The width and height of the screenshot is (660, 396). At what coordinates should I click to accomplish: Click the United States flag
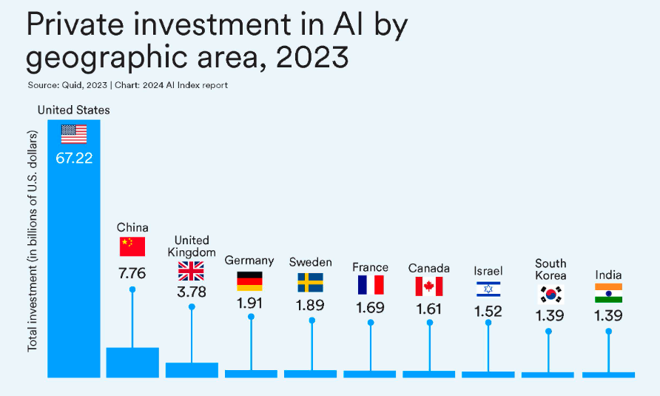pyautogui.click(x=74, y=134)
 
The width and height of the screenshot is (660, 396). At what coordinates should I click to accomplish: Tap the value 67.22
pyautogui.click(x=74, y=158)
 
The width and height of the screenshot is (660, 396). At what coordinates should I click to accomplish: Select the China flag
pyautogui.click(x=132, y=246)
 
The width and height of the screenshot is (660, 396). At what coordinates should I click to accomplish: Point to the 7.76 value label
pyautogui.click(x=132, y=273)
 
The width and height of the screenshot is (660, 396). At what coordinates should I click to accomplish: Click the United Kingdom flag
pyautogui.click(x=192, y=271)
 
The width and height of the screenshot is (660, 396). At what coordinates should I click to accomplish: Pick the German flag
pyautogui.click(x=250, y=281)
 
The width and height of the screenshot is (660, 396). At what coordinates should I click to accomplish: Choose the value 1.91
pyautogui.click(x=250, y=304)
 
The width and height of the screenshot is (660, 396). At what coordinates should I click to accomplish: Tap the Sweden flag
pyautogui.click(x=311, y=282)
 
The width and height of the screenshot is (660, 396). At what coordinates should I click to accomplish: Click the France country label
pyautogui.click(x=370, y=267)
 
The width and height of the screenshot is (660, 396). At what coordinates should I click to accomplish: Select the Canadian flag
pyautogui.click(x=429, y=286)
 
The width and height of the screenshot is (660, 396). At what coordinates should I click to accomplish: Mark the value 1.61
pyautogui.click(x=429, y=309)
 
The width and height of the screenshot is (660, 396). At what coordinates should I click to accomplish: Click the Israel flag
pyautogui.click(x=488, y=289)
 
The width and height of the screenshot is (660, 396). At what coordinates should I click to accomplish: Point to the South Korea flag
pyautogui.click(x=550, y=294)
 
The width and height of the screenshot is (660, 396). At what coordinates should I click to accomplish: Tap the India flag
pyautogui.click(x=608, y=293)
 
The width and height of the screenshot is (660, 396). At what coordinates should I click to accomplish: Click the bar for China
pyautogui.click(x=132, y=362)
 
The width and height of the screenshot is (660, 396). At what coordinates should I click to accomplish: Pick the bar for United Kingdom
pyautogui.click(x=192, y=370)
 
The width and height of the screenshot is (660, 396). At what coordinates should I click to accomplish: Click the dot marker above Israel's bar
pyautogui.click(x=488, y=323)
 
